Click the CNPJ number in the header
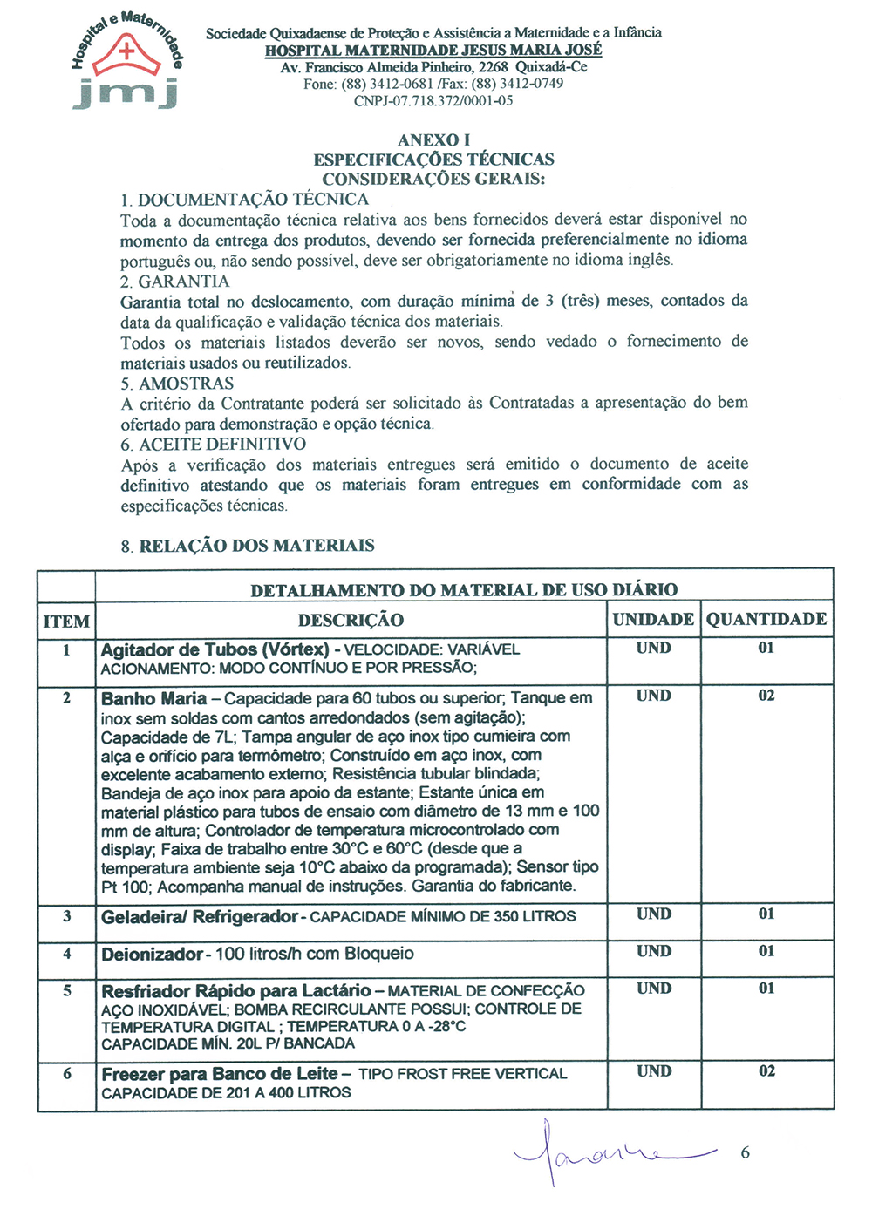(x=433, y=101)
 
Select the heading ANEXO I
(x=433, y=140)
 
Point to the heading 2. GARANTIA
(x=175, y=282)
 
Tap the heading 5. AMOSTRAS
(x=177, y=384)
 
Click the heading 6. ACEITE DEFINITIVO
(x=213, y=445)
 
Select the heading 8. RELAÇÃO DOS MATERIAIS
(x=248, y=547)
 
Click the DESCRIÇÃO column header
(x=351, y=621)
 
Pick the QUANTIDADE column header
(x=766, y=620)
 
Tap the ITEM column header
(x=66, y=622)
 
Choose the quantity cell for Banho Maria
(x=766, y=696)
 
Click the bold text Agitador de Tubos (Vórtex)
(x=215, y=650)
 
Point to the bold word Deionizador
(x=152, y=955)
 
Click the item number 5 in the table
(x=67, y=991)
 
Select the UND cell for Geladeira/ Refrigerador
(x=654, y=914)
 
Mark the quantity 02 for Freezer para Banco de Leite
(x=766, y=1071)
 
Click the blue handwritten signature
(x=610, y=1152)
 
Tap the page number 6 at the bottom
(x=745, y=1152)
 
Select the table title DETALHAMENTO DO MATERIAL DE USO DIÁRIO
(x=464, y=590)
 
